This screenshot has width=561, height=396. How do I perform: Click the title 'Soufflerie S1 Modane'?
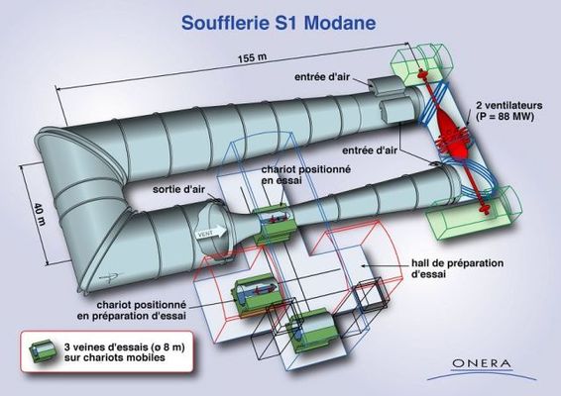279,23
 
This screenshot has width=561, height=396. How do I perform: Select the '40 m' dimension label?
40,215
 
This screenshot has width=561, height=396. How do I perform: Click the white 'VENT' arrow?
212,233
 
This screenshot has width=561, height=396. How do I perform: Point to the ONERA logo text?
482,364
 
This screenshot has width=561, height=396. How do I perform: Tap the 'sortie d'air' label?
178,189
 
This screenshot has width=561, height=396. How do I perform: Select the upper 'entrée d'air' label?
322,77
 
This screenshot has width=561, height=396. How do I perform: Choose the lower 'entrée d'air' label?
370,150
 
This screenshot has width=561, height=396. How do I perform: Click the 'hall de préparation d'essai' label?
457,268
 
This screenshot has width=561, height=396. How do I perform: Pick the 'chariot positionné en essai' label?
306,174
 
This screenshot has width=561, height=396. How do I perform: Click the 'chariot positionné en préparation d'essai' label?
132,310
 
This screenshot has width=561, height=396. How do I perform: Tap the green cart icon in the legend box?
43,350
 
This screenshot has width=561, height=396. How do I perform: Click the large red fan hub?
451,133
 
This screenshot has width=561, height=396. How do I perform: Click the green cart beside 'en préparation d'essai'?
256,295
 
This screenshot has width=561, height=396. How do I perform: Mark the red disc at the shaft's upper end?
423,74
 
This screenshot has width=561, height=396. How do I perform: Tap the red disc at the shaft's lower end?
486,208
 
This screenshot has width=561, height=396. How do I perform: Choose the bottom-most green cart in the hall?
312,331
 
